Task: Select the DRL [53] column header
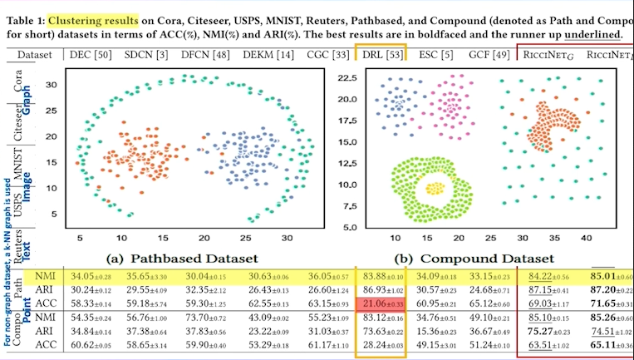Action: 383,55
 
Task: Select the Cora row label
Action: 17,82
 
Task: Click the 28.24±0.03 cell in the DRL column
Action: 382,343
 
